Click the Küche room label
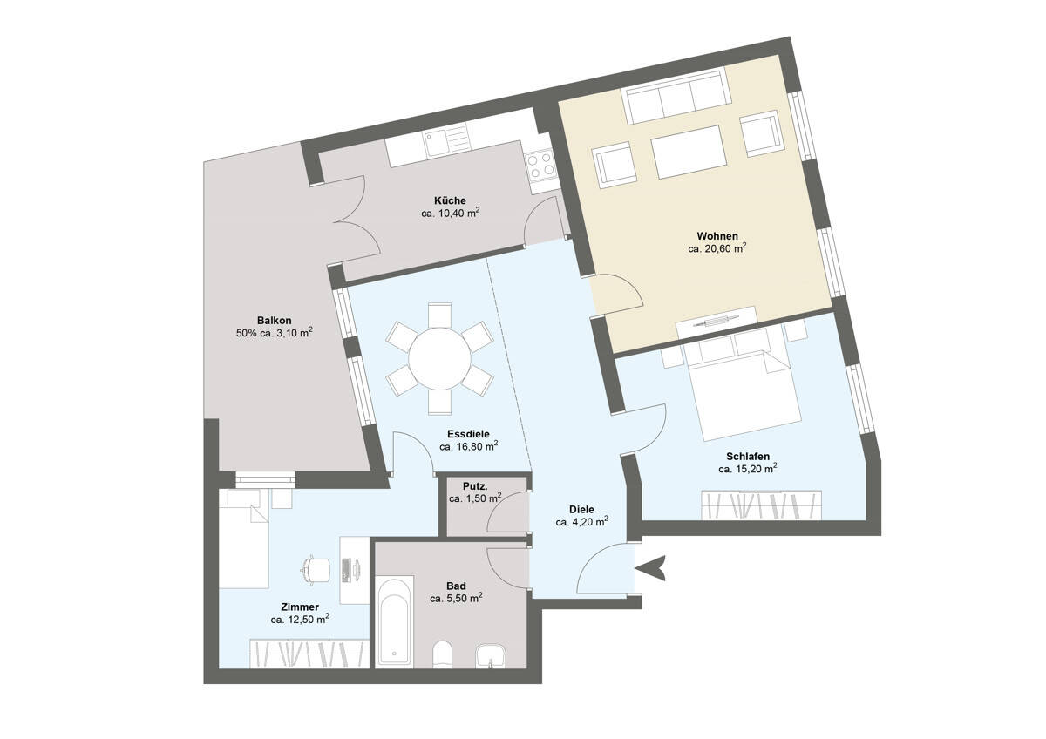tap(450, 200)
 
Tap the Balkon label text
tap(274, 321)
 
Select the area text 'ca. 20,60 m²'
tap(717, 248)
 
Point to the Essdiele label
tap(468, 434)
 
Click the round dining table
tap(439, 358)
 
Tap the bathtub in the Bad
tap(395, 622)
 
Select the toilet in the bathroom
tap(442, 654)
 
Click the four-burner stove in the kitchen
tap(540, 166)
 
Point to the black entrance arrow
tap(650, 568)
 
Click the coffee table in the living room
tap(689, 153)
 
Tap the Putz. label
tap(475, 486)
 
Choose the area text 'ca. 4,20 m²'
tap(581, 521)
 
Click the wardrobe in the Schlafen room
tap(761, 505)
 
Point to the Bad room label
tap(456, 586)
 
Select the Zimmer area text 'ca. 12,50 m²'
tap(300, 620)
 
